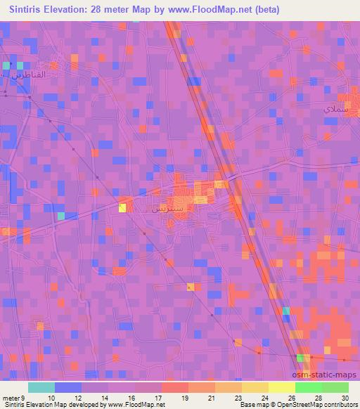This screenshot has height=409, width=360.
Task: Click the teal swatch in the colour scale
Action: click(41, 387)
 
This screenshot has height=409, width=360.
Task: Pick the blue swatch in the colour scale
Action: click(67, 387)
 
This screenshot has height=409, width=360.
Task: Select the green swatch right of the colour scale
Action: click(335, 387)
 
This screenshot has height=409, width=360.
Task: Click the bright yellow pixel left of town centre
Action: click(122, 207)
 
